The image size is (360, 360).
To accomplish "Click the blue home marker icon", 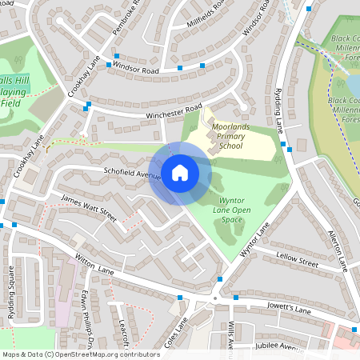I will pyautogui.click(x=180, y=172).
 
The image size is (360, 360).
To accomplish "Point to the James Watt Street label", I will pyautogui.click(x=89, y=207).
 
